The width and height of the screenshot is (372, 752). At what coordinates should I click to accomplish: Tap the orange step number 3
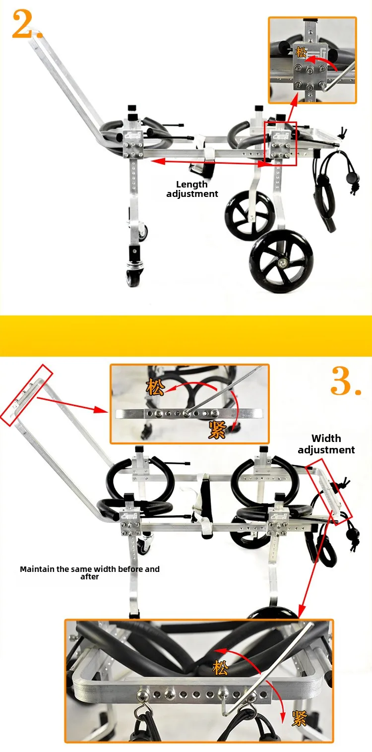tap(346, 381)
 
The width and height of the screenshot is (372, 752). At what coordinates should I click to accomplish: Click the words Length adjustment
tap(192, 189)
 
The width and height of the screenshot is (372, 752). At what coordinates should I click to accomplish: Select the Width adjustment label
tap(326, 444)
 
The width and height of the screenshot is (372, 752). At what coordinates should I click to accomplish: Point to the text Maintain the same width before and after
tap(90, 572)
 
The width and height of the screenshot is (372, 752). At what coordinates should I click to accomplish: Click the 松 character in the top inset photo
tap(302, 53)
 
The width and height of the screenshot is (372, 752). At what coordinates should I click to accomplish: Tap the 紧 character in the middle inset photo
tap(217, 430)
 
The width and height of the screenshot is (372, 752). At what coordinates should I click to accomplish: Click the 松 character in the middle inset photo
tap(155, 387)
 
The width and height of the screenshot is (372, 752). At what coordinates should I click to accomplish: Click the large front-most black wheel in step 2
tap(281, 260)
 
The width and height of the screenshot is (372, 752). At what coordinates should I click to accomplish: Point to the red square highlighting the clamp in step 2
tap(281, 144)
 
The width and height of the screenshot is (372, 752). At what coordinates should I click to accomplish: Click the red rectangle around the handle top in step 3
tap(26, 395)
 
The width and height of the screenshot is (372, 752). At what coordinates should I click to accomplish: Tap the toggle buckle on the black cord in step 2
tap(352, 178)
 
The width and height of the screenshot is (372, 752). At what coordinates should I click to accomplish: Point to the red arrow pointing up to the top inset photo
tap(292, 108)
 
